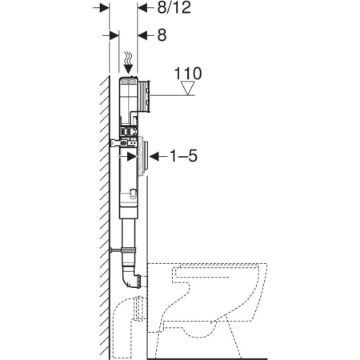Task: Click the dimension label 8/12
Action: click(x=174, y=7)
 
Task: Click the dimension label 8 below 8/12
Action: click(x=162, y=35)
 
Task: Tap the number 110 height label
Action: click(x=188, y=74)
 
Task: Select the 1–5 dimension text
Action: click(x=183, y=156)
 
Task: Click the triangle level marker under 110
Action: click(x=188, y=88)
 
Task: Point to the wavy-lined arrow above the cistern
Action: click(x=129, y=63)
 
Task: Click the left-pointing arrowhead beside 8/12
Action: click(x=142, y=8)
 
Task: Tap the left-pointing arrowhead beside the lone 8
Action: click(x=142, y=35)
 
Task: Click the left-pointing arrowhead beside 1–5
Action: click(x=154, y=156)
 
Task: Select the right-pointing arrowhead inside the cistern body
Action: click(x=132, y=157)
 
